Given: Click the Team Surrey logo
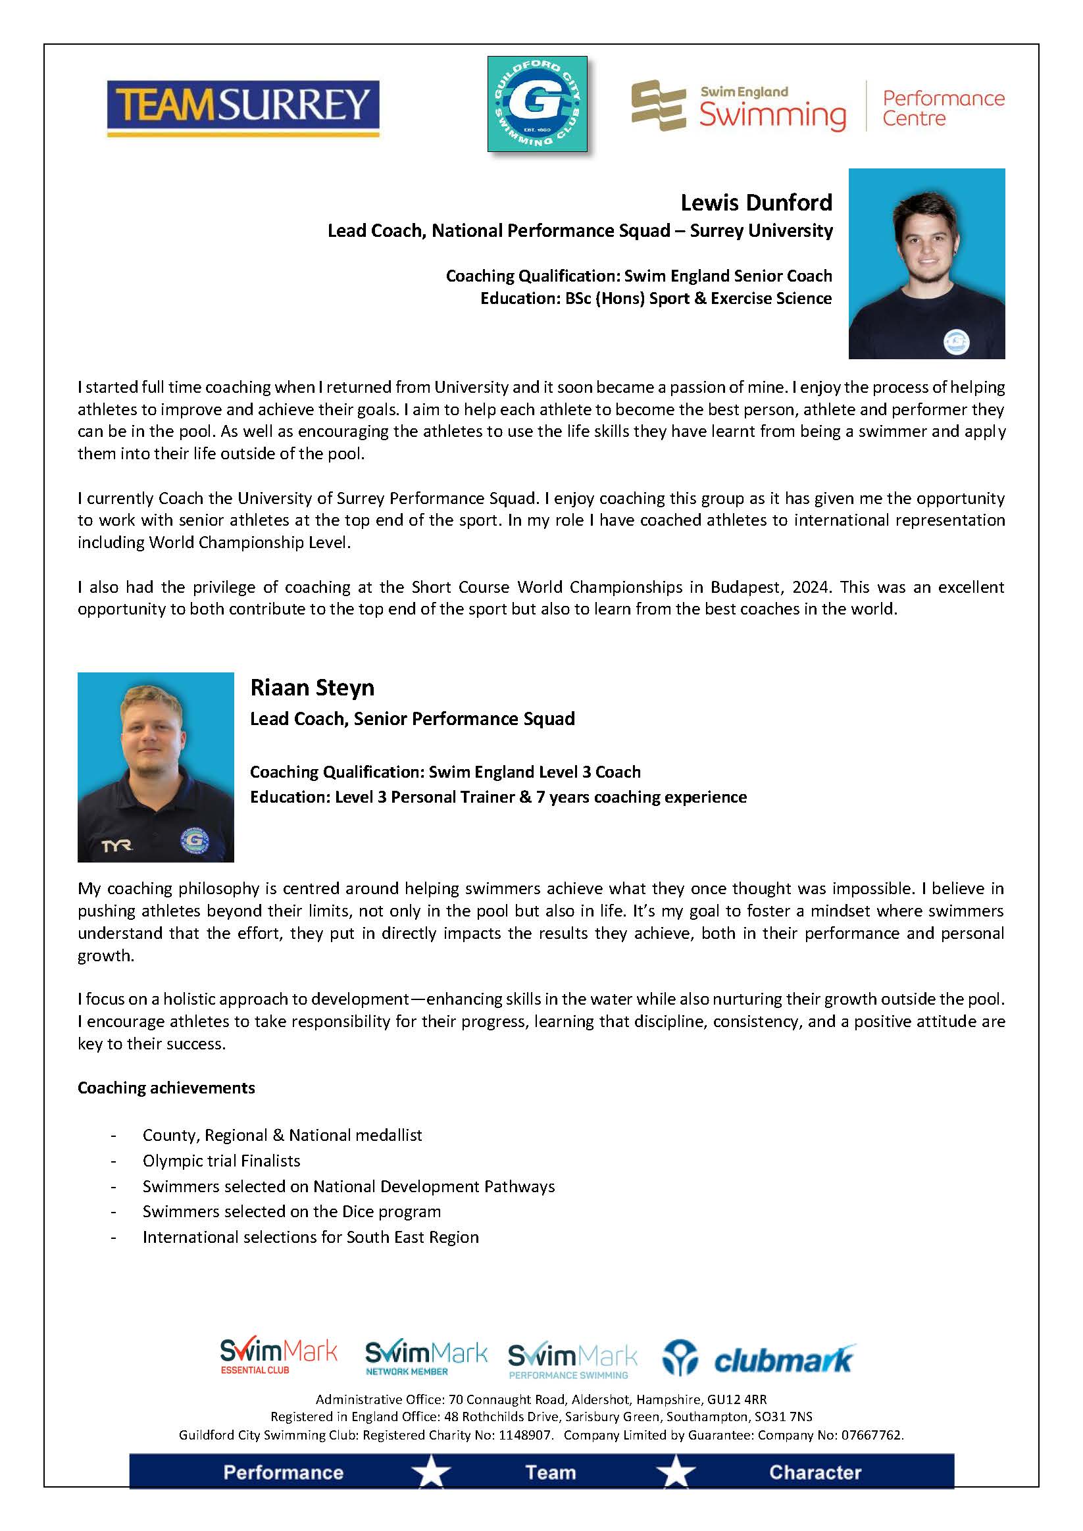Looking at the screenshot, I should pos(243,108).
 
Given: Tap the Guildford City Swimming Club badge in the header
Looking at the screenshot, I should pos(537,103).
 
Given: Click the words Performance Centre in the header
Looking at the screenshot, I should pos(943,108).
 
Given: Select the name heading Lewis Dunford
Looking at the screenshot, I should pos(756,202).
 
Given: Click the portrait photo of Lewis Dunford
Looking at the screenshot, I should pos(926,263).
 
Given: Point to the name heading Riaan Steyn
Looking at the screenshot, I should pos(312,688).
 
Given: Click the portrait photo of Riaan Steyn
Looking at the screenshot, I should pos(155,767).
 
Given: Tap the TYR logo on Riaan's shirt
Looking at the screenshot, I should pos(116,846).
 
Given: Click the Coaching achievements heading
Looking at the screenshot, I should pos(166,1088).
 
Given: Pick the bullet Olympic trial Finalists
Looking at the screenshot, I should pos(221,1161).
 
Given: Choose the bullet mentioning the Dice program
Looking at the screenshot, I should pos(291,1211).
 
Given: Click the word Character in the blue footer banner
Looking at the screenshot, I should pos(815,1472).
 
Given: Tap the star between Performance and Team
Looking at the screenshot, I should pos(432,1472).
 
